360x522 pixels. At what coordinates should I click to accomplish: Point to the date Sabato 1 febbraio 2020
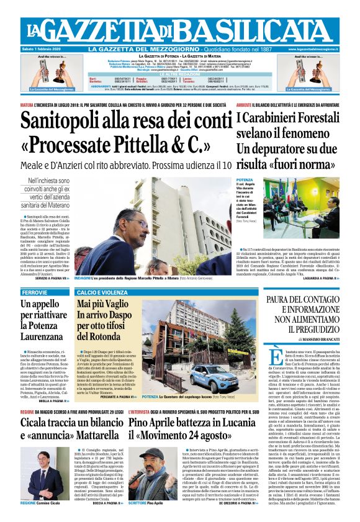tap(45, 49)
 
